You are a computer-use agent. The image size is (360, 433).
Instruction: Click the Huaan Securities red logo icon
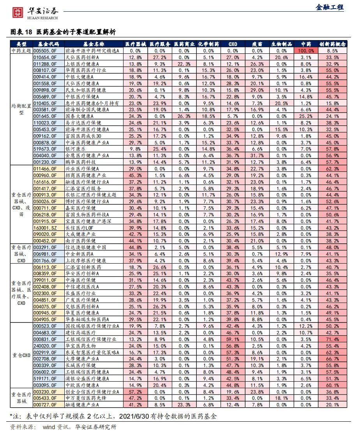click(x=18, y=12)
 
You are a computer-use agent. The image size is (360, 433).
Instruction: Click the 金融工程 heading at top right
click(x=330, y=7)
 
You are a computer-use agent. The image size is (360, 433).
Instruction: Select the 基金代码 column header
click(x=48, y=44)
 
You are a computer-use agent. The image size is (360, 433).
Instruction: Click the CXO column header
click(x=233, y=44)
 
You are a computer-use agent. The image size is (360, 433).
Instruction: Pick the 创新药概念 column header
click(x=332, y=44)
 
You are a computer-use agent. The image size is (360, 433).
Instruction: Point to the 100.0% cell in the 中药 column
click(x=306, y=51)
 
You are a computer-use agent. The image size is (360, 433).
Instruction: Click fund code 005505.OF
click(x=45, y=51)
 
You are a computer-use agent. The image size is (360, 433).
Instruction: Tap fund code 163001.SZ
click(x=45, y=228)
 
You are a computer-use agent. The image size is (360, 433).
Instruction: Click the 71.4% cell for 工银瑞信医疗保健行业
click(x=332, y=339)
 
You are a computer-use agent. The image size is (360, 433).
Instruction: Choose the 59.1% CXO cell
click(x=233, y=339)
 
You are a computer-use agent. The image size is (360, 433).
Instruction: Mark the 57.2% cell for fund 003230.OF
click(x=135, y=392)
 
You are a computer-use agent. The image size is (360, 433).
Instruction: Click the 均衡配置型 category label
click(x=21, y=109)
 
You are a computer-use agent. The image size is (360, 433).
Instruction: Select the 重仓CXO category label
click(x=21, y=356)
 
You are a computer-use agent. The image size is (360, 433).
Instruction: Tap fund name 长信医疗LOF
click(x=79, y=228)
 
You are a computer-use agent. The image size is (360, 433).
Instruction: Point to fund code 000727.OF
click(x=45, y=405)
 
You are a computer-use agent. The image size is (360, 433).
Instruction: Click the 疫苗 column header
click(x=257, y=44)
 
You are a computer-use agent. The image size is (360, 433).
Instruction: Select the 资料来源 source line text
click(x=63, y=427)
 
